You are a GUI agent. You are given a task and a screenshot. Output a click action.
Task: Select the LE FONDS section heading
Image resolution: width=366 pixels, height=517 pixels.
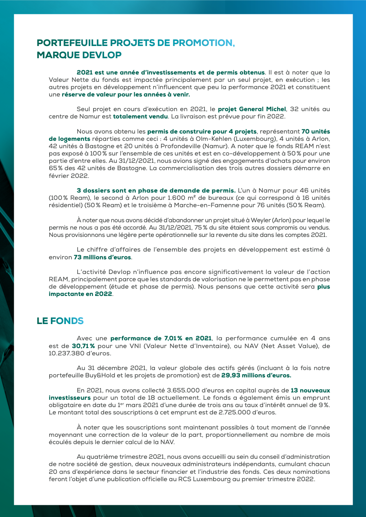(60, 321)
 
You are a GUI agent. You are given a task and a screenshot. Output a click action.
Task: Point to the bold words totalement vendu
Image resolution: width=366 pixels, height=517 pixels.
(140, 116)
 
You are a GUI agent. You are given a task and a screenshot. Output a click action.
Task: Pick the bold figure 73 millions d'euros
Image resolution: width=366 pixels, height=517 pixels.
(102, 257)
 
